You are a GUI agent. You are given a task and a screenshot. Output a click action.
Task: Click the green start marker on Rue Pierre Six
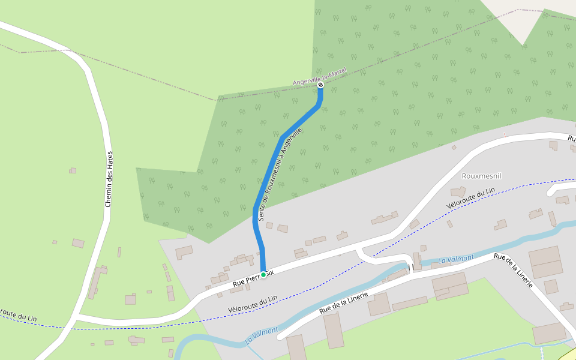(x=263, y=275)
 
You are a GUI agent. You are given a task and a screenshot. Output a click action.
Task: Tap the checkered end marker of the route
(x=320, y=85)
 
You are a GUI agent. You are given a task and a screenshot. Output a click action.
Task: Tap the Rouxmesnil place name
(x=481, y=176)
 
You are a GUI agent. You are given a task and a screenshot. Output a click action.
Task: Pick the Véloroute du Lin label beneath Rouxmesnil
(x=471, y=198)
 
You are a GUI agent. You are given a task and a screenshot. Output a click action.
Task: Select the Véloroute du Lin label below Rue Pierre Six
(x=253, y=304)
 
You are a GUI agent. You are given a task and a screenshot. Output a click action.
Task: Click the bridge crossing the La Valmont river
(x=411, y=266)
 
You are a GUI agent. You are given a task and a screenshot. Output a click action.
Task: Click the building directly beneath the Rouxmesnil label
(x=458, y=192)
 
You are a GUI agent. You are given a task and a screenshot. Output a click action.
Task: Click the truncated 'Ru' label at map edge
(x=572, y=139)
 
